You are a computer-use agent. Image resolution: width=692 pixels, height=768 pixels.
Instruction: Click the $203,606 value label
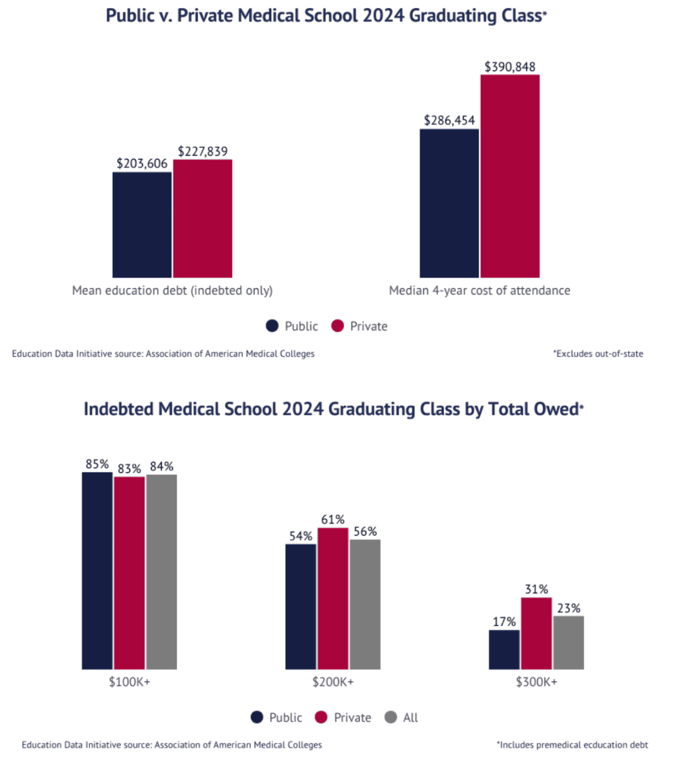142,163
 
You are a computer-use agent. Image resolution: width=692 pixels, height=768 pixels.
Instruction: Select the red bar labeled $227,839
202,218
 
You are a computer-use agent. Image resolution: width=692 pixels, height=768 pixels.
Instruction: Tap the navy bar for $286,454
449,203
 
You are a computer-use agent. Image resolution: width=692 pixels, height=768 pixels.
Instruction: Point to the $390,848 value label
510,67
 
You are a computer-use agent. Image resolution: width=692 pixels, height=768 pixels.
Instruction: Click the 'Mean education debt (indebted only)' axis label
172,291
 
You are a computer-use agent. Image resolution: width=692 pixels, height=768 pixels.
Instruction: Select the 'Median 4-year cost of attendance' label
479,291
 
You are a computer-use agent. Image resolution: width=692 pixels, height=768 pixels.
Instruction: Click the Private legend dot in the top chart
337,326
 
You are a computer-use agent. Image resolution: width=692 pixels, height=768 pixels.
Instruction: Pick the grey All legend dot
391,717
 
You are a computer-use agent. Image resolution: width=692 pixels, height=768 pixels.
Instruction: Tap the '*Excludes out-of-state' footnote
598,354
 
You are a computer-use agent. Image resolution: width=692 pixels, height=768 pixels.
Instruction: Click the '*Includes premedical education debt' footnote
572,745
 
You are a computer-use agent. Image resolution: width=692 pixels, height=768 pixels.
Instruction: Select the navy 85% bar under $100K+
97,570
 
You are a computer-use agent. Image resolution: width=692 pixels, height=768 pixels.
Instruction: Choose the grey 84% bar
161,572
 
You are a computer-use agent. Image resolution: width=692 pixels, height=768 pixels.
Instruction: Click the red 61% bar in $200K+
333,598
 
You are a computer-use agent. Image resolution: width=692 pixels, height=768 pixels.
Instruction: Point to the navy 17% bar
504,650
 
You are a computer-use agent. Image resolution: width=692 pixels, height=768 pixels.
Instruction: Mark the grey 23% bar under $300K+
568,642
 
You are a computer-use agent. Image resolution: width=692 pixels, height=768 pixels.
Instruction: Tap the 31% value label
536,589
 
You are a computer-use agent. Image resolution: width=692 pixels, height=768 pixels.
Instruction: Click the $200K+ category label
333,682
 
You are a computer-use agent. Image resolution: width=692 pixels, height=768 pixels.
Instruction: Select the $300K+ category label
536,682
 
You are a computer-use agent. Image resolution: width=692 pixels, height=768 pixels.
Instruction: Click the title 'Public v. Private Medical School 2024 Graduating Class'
325,15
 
